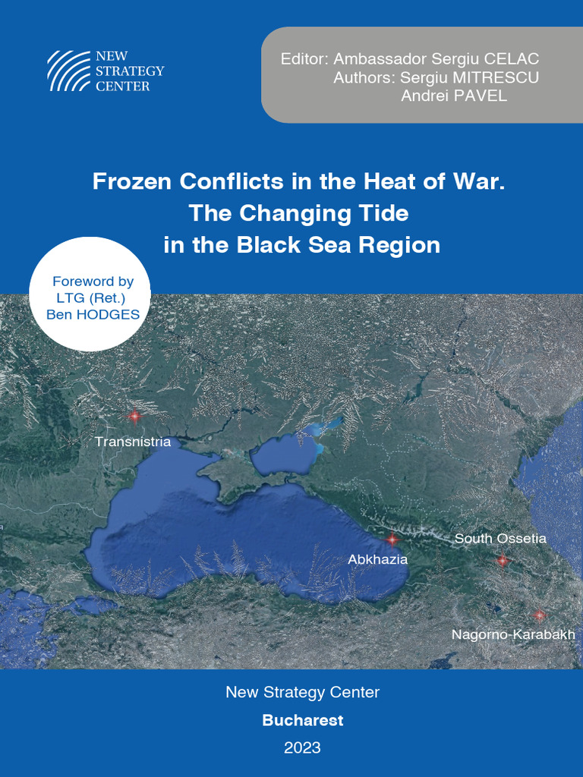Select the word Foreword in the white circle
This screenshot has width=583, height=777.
82,282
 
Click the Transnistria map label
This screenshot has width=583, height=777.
133,441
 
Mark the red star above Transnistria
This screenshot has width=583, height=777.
134,416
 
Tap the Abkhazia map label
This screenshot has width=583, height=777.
377,559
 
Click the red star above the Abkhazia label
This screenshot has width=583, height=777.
392,539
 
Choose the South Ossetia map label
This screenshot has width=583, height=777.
500,539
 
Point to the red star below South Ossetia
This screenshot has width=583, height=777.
502,561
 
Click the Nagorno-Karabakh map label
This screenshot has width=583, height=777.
513,634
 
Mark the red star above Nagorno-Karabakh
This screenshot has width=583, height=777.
539,615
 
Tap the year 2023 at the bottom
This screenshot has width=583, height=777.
302,747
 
